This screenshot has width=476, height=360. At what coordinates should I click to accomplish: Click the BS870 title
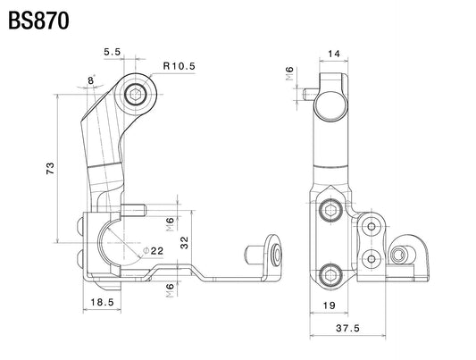coord(38,21)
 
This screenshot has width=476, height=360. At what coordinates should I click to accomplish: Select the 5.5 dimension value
coord(113,52)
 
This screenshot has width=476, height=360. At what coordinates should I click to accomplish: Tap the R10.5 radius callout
coord(180,66)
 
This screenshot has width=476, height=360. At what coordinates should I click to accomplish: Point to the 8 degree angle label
coord(91,80)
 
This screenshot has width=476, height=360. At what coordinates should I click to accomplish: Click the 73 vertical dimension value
coord(50,168)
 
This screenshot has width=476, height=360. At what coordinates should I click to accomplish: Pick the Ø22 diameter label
coord(153,251)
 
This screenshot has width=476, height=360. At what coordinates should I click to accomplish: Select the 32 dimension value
coord(184,243)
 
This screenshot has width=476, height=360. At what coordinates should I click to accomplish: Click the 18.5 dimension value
coord(102,302)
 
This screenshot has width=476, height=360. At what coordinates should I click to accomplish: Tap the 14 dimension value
coord(334,54)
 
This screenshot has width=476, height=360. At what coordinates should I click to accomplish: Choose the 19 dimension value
coord(329,305)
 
